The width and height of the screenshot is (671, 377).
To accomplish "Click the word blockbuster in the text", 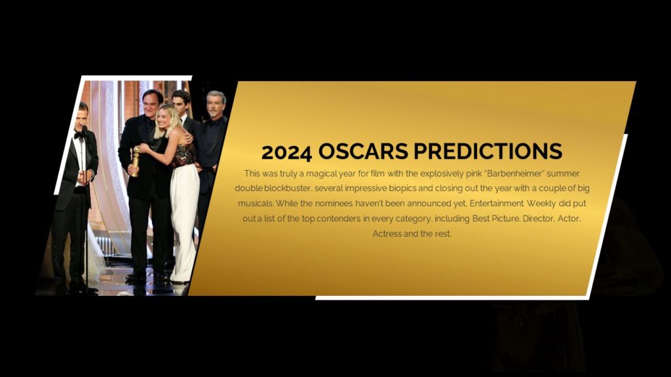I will point(286,188).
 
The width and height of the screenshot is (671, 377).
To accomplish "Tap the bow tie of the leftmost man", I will point(79,136).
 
